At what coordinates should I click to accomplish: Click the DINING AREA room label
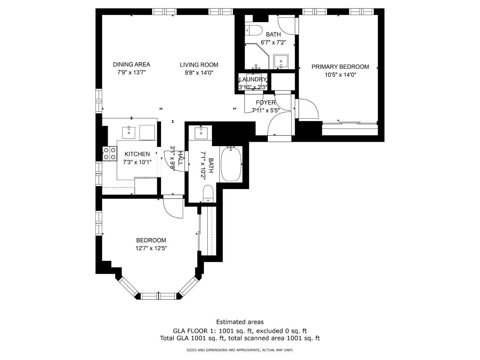coord(132,65)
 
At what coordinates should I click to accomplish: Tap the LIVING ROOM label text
coord(199,65)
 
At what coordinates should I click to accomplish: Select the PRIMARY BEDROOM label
coord(340,67)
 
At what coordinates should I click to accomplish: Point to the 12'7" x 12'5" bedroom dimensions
coord(151,248)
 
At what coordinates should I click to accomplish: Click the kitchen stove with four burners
coord(110,154)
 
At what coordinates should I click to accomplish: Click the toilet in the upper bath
coord(253,30)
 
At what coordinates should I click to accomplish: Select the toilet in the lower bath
coord(208,194)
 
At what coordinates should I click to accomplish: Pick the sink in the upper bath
coord(281,62)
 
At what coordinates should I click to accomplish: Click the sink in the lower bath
coord(201,132)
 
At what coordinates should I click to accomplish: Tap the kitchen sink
coord(129,132)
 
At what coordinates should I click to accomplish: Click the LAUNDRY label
coord(253,79)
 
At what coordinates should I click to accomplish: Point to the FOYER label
coord(266,102)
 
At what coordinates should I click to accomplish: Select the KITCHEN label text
coord(137,154)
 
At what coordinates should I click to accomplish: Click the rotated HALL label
coord(180,158)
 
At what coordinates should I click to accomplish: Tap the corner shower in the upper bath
coord(257,56)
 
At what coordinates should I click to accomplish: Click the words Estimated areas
coord(240,322)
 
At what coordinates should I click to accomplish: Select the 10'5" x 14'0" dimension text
coord(340,75)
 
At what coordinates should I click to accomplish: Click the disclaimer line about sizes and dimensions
coord(240,350)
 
